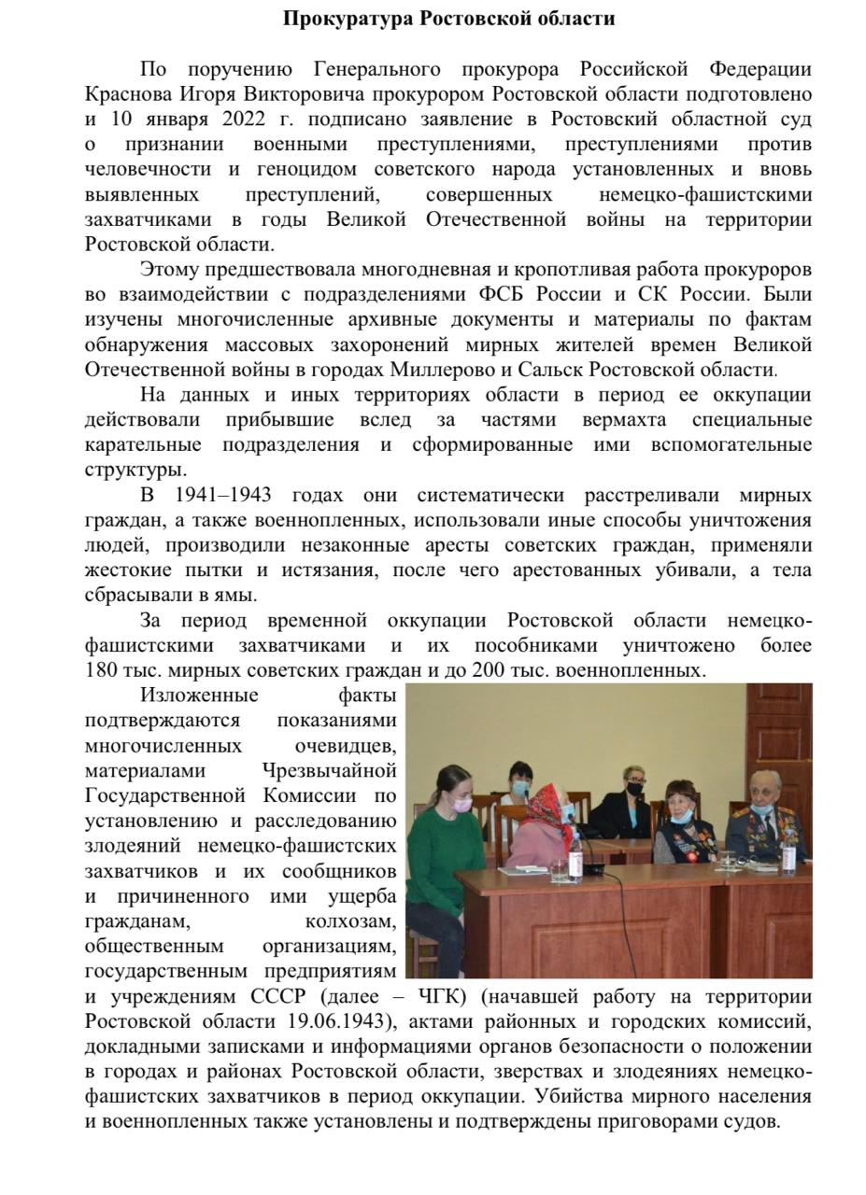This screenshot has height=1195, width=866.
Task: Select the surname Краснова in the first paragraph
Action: click(127, 94)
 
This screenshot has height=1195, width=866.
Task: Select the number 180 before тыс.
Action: click(101, 670)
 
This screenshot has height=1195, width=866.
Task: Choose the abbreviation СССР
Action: click(277, 996)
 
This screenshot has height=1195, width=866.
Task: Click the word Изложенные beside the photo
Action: click(199, 696)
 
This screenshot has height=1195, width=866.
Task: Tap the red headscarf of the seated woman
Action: click(541, 801)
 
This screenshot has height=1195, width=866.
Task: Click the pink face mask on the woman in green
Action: click(461, 802)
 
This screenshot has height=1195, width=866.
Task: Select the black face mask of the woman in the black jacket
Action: click(635, 789)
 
